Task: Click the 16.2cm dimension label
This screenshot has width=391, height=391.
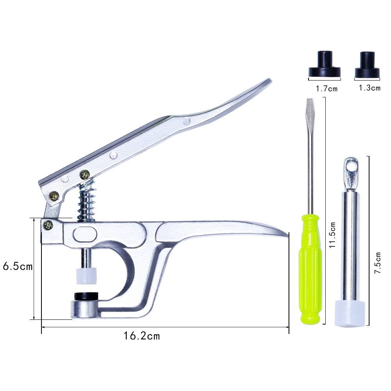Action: point(142,336)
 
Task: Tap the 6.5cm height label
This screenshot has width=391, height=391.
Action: point(18,266)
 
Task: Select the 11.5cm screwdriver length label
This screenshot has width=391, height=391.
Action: point(332,235)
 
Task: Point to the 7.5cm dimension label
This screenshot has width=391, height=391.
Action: point(378,263)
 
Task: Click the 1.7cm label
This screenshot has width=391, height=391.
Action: point(326,88)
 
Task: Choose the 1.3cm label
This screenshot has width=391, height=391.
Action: point(369,88)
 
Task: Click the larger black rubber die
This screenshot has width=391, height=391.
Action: point(325,64)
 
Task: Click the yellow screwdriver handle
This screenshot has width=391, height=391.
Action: point(310,269)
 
